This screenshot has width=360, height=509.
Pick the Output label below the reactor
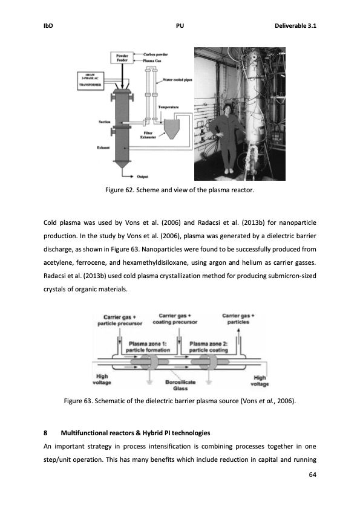point(143,177)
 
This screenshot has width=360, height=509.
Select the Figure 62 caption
point(180,191)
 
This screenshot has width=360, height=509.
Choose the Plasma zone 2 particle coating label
point(208,347)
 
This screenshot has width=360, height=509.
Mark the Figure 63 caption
point(180,401)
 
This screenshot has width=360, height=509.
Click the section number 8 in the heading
point(46,433)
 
